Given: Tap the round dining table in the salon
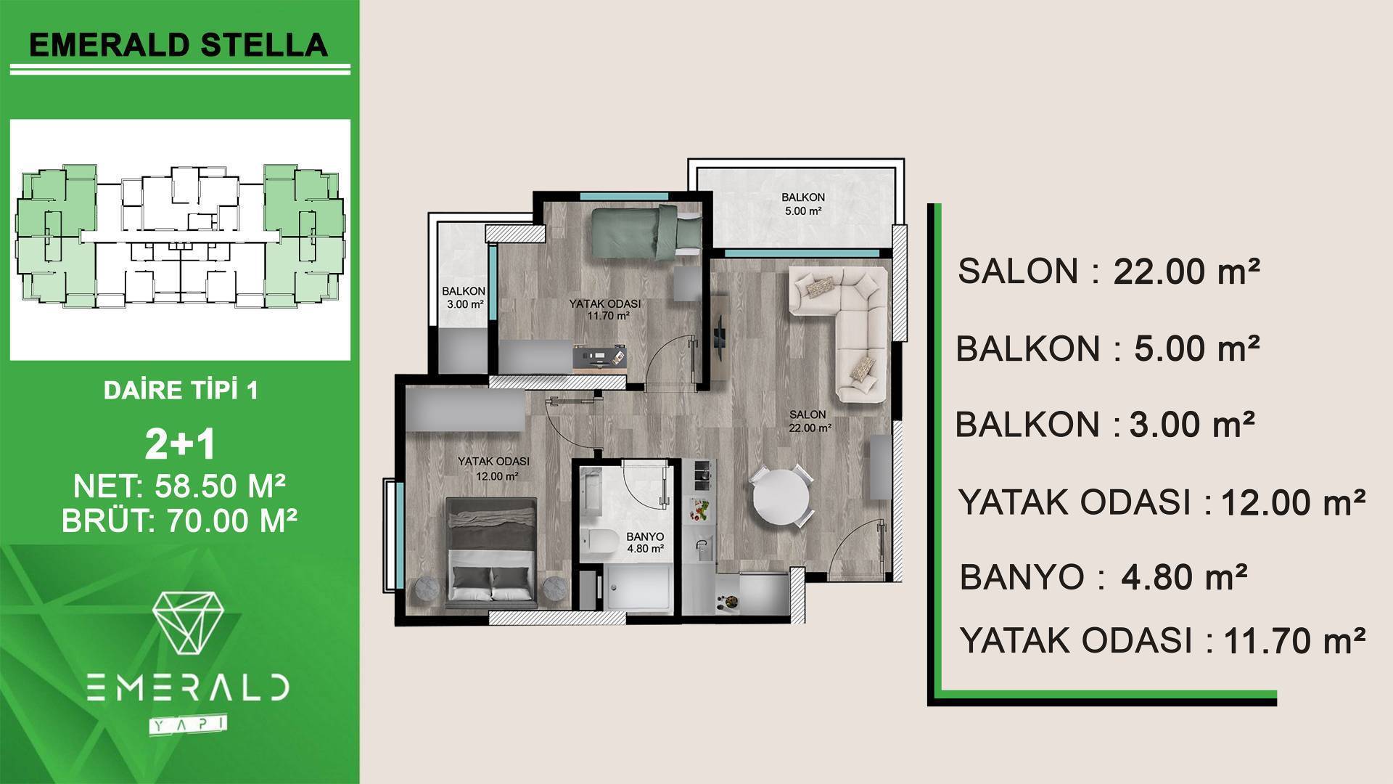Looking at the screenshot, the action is coord(781,497).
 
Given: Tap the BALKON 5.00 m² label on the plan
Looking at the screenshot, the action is coord(802,204).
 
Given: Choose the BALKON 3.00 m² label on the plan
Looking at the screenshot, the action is coord(464,298).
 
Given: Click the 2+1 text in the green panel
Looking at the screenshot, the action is coord(180,444).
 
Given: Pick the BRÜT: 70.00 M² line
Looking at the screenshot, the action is coord(180,520).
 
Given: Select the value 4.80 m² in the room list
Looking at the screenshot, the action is coord(1184,578).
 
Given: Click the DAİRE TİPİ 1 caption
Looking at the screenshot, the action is coord(181,391).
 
